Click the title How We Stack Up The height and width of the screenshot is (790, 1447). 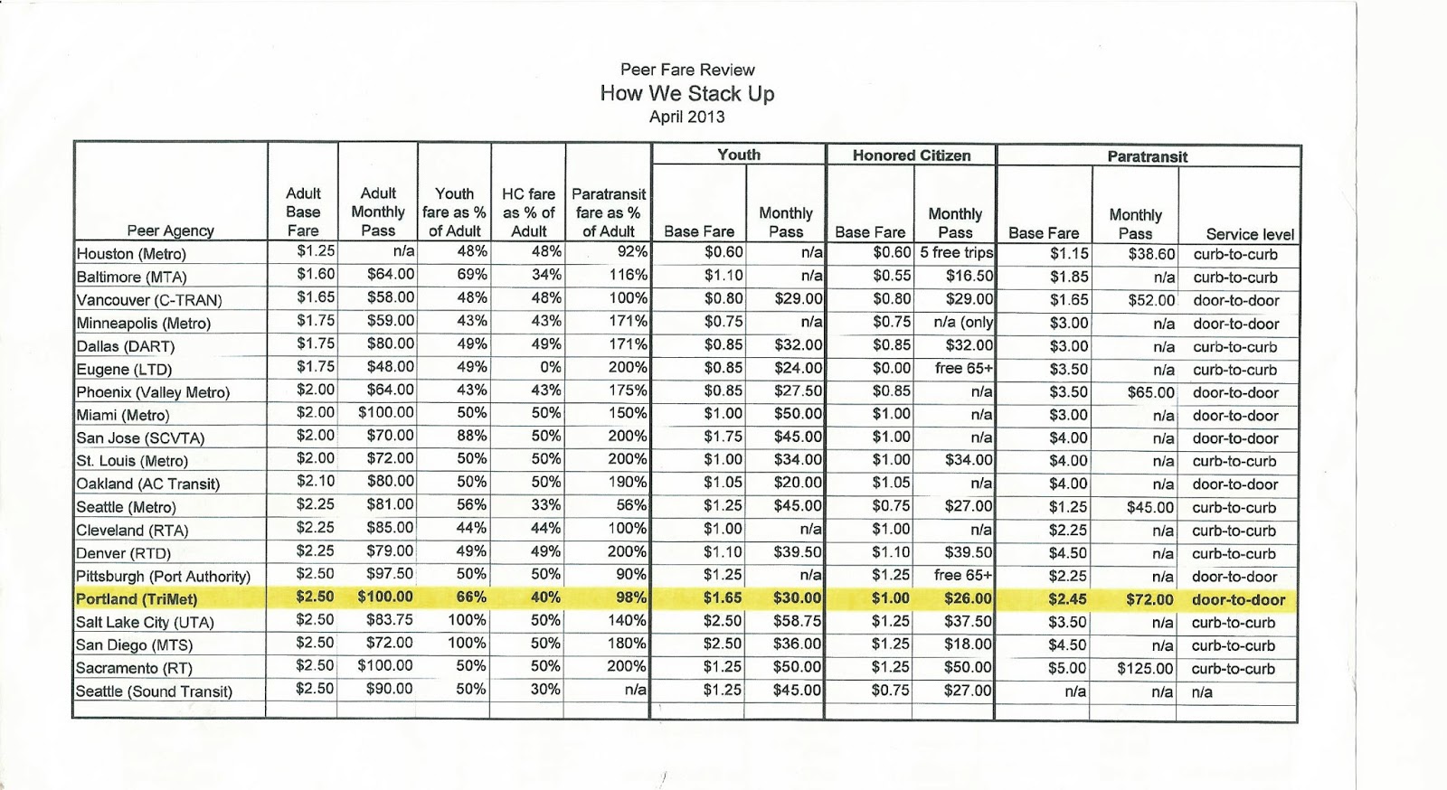687,93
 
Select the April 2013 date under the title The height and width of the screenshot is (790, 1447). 687,117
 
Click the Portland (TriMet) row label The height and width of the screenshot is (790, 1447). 137,598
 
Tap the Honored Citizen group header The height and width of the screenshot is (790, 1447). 911,155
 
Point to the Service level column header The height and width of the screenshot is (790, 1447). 1250,234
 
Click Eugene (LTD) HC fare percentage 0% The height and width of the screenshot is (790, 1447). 545,368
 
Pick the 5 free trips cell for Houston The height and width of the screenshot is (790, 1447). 956,253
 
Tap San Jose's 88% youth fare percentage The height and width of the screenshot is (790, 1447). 472,437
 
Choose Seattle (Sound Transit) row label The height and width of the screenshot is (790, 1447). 154,691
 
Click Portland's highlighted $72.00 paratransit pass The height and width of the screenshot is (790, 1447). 1149,599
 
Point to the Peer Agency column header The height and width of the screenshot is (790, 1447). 170,231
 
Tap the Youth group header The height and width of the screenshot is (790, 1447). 738,155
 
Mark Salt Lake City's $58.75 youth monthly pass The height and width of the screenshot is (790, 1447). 797,622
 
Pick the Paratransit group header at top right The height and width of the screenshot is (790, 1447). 1147,156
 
